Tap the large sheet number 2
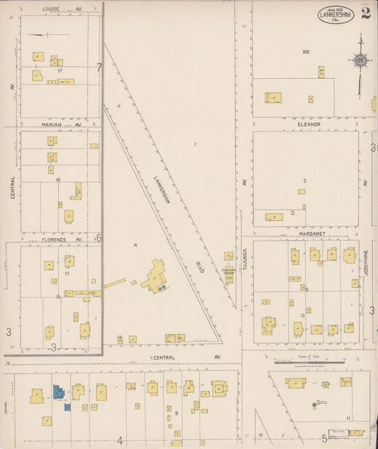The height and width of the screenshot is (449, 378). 365,15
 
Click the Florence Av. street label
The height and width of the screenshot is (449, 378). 53,239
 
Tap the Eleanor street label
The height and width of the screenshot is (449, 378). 309,124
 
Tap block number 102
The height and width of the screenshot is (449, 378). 306,52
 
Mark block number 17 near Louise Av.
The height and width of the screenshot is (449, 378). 61,70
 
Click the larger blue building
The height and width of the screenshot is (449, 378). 57,391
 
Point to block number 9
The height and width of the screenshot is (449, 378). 174,412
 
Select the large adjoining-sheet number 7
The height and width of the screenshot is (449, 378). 99,67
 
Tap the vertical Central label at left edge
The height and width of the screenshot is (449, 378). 13,187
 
